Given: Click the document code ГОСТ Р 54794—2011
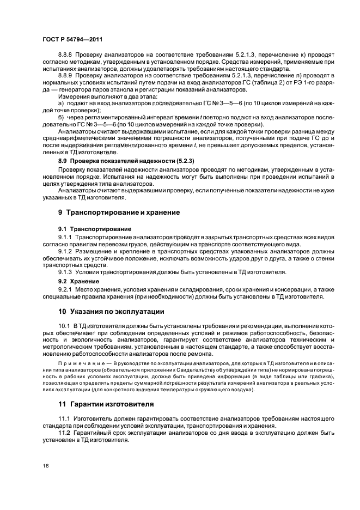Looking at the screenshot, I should point(72,40).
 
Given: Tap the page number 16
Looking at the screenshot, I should point(46,465).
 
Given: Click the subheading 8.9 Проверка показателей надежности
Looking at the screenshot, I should point(126,162).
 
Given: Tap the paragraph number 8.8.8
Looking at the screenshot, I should point(65,56).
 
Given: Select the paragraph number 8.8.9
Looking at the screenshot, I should point(65,76).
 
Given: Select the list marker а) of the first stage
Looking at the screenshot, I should point(61,102).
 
